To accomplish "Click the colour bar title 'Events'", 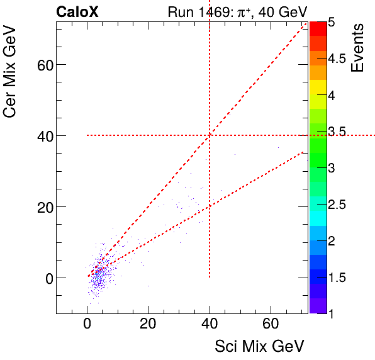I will tap(358, 48).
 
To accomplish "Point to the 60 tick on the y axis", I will tap(42, 65).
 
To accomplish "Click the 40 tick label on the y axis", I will tap(42, 136).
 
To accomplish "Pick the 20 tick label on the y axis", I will tap(42, 207).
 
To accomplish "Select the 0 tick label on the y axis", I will tap(46, 278).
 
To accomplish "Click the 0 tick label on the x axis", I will tap(87, 325).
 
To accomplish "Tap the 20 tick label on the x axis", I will tap(148, 325).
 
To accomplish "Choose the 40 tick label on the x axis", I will tap(210, 325).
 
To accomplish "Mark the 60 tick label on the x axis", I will tap(271, 325).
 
